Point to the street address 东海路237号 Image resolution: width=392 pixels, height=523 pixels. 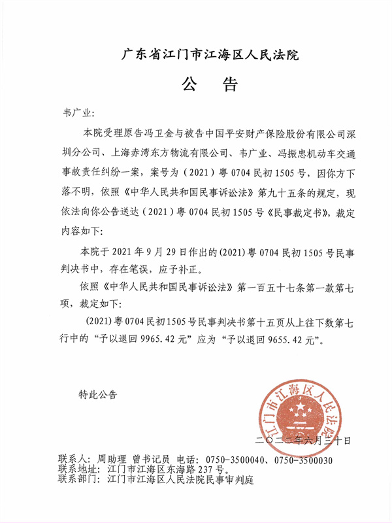pos(197,469)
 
